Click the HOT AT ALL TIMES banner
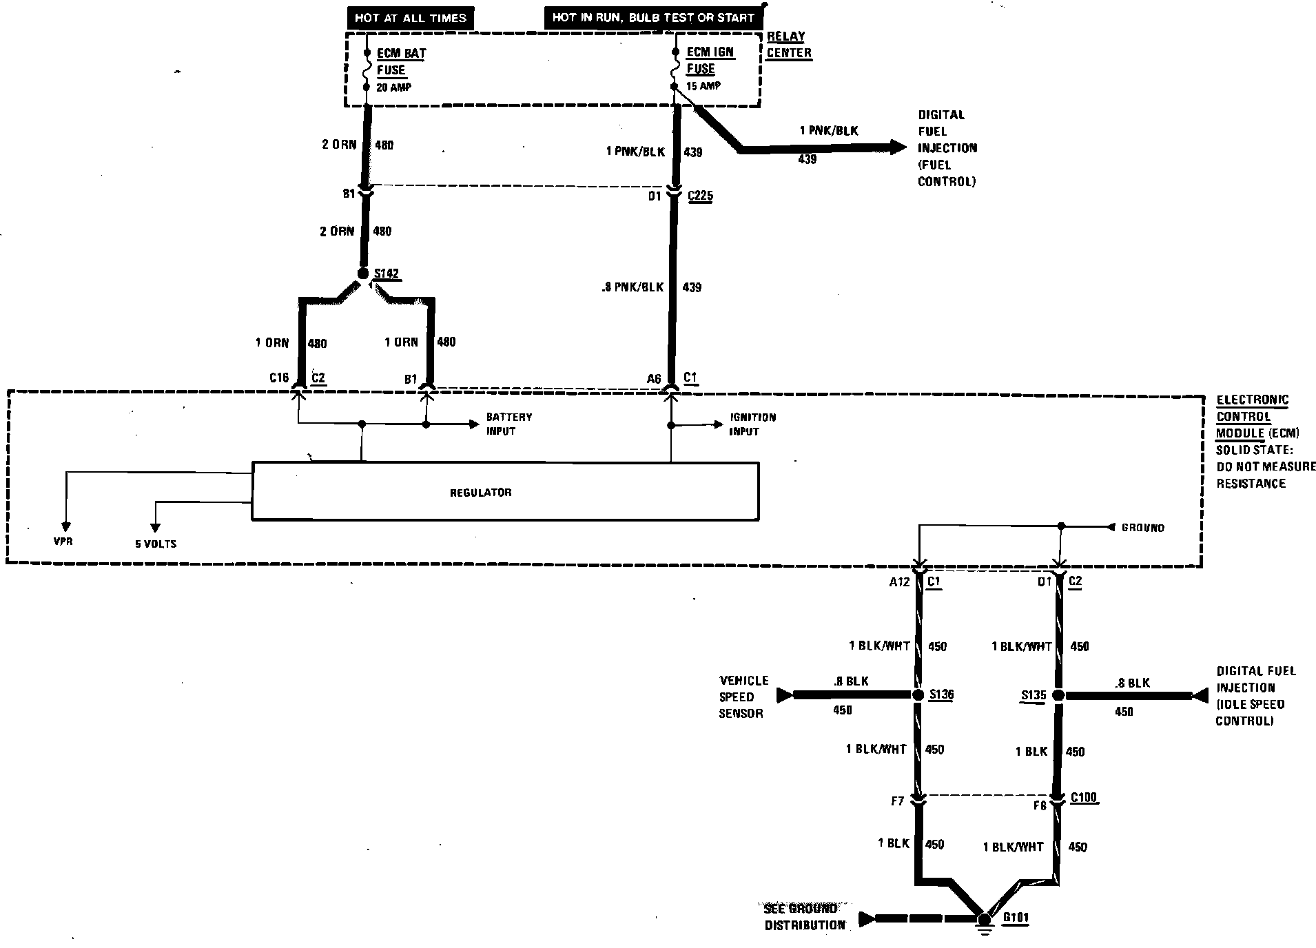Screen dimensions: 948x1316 410,18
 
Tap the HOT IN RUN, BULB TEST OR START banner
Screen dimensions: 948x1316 652,18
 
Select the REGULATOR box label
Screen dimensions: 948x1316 480,493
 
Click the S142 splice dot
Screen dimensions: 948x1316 363,274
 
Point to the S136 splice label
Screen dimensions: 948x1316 940,694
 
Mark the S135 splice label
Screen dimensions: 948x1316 1033,695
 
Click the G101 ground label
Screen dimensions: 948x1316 1016,918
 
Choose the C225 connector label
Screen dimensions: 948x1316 700,196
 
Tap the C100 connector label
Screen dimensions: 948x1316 1083,798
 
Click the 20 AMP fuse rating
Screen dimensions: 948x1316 394,87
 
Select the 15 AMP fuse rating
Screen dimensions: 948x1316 703,86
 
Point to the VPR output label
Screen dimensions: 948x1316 63,542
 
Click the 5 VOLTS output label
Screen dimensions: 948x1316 156,544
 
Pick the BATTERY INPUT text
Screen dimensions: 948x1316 508,424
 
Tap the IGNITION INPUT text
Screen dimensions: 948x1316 752,424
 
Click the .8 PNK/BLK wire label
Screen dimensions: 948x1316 631,287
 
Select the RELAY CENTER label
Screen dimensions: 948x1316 788,45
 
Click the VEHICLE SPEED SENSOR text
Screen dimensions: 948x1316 743,697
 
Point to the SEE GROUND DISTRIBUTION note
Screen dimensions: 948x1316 804,917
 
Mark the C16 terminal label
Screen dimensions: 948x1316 278,378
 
